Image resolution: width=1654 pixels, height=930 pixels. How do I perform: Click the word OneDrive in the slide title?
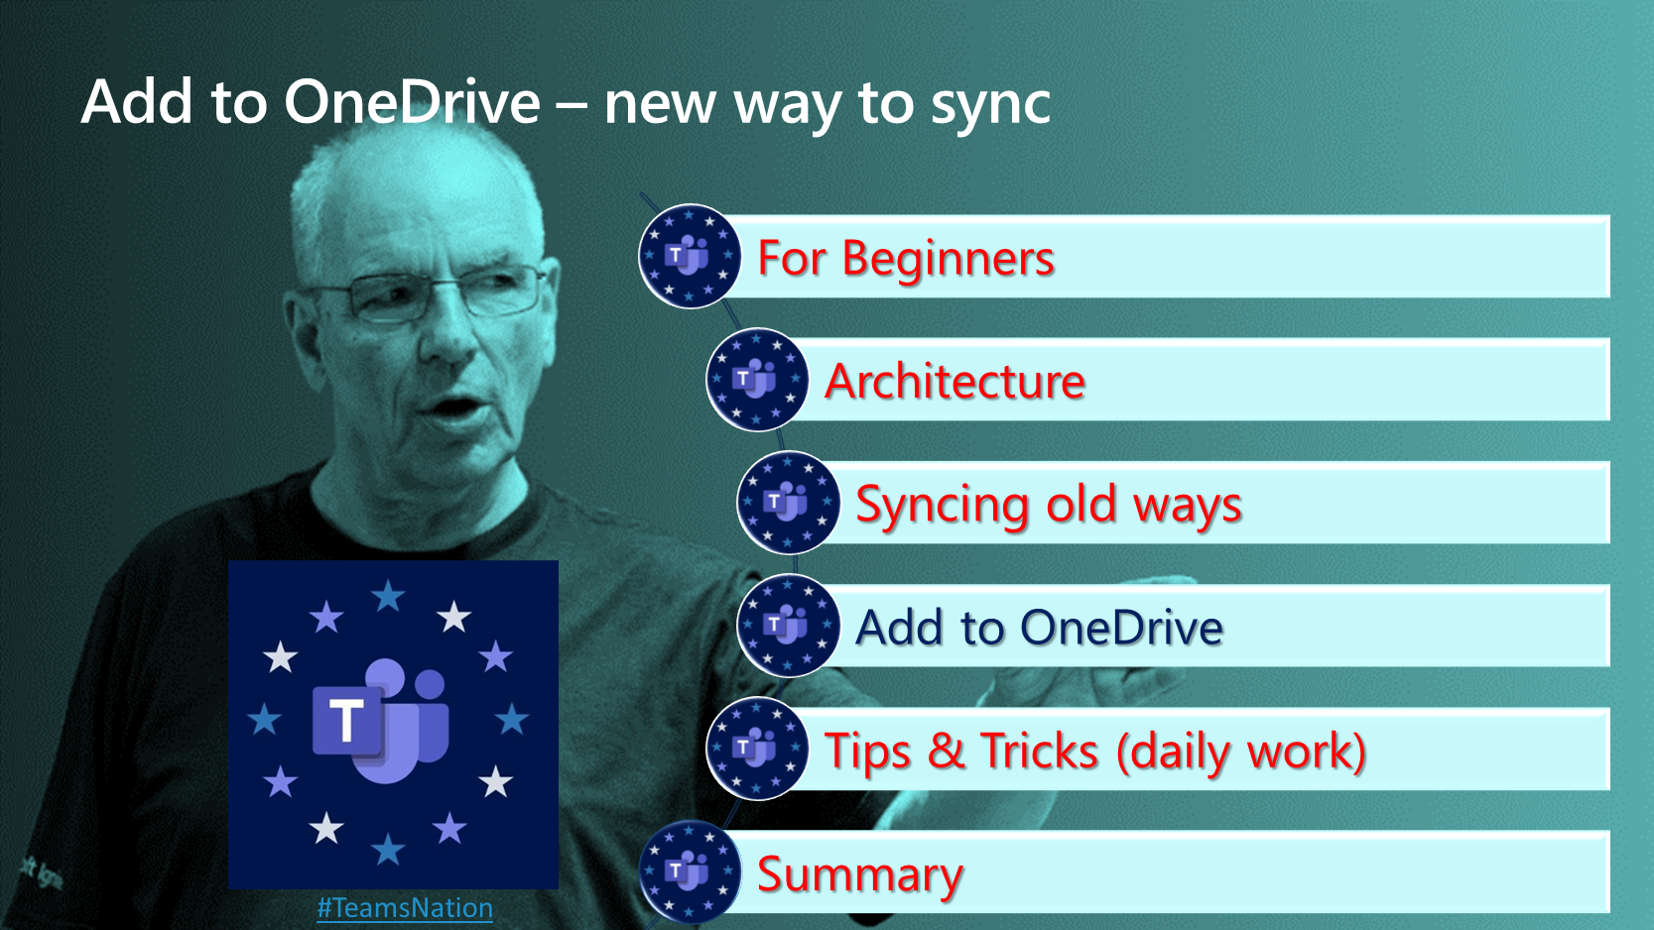coord(412,102)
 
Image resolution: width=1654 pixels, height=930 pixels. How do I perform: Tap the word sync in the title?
coord(991,108)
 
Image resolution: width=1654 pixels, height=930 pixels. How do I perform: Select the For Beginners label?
coord(906,259)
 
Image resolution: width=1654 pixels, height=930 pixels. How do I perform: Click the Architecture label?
coord(954,382)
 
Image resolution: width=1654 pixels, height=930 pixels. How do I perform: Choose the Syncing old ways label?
coord(1049,507)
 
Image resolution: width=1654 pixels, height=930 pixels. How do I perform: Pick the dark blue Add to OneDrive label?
coord(1039,629)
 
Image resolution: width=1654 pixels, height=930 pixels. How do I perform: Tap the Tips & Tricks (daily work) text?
coord(1095,752)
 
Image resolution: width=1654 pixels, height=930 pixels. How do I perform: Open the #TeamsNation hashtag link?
coord(405,908)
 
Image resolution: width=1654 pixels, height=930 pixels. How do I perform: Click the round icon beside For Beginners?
coord(689,256)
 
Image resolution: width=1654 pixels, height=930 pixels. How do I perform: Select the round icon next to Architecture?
coord(757,380)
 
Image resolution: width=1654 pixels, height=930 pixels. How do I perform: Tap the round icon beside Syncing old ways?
coord(788,503)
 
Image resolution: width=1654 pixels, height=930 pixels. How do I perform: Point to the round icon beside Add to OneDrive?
coord(788,626)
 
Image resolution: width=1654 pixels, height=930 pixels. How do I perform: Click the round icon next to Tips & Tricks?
coord(757,749)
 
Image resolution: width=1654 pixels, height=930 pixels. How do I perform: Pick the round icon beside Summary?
coord(689,872)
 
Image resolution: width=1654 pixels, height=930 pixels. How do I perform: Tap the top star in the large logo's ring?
coord(388,596)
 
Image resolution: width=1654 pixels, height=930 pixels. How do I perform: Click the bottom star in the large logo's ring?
coord(388,849)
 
